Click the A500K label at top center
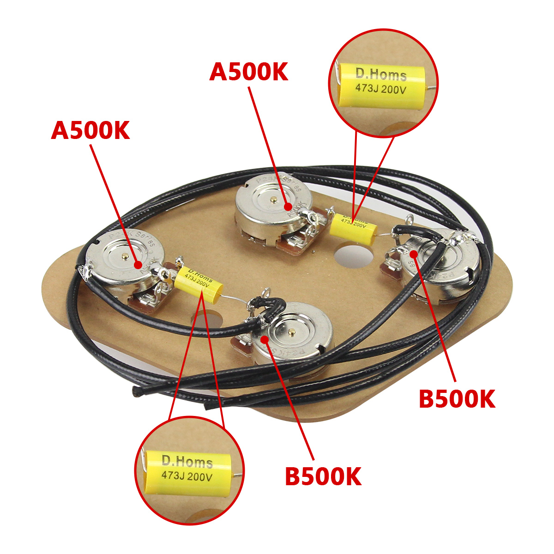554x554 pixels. click(249, 72)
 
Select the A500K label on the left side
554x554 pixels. click(90, 131)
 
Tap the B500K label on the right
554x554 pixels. click(457, 399)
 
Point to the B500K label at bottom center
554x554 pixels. click(323, 476)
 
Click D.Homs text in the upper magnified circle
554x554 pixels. click(381, 74)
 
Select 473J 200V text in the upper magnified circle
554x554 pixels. click(380, 89)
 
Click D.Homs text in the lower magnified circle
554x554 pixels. click(187, 461)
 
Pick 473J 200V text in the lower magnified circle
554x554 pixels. click(187, 476)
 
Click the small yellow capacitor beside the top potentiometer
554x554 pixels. click(354, 225)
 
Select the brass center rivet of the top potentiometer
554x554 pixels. click(274, 200)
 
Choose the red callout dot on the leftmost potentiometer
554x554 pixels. click(138, 265)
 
